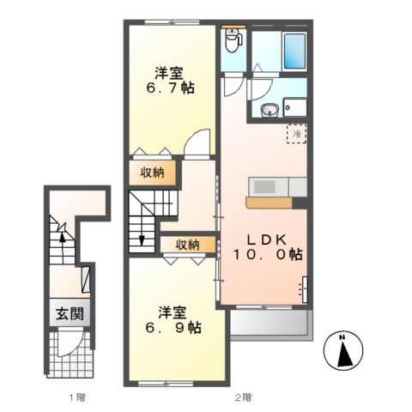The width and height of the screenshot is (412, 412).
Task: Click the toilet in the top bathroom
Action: pos(233,40)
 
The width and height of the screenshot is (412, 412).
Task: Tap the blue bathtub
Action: pos(294,51)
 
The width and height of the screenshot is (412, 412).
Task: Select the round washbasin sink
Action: pos(270,110)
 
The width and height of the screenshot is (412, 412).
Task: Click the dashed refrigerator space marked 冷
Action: pos(297,133)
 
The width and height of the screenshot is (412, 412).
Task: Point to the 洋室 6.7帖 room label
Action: pos(170,81)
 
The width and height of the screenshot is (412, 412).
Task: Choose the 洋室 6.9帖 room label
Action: pos(173,320)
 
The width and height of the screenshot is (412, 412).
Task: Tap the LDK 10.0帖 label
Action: pos(268,246)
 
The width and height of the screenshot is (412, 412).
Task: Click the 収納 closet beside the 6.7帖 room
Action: pos(152,173)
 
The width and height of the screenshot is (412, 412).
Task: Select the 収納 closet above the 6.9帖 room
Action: pos(188,245)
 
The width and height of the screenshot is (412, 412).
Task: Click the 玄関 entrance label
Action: pos(70,314)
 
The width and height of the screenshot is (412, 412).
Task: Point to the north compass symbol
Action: pos(343,350)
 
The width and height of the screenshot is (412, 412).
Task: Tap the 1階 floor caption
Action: pos(77,397)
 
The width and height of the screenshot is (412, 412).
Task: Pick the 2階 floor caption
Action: pos(244,397)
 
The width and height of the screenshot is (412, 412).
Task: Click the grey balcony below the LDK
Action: pos(271,324)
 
